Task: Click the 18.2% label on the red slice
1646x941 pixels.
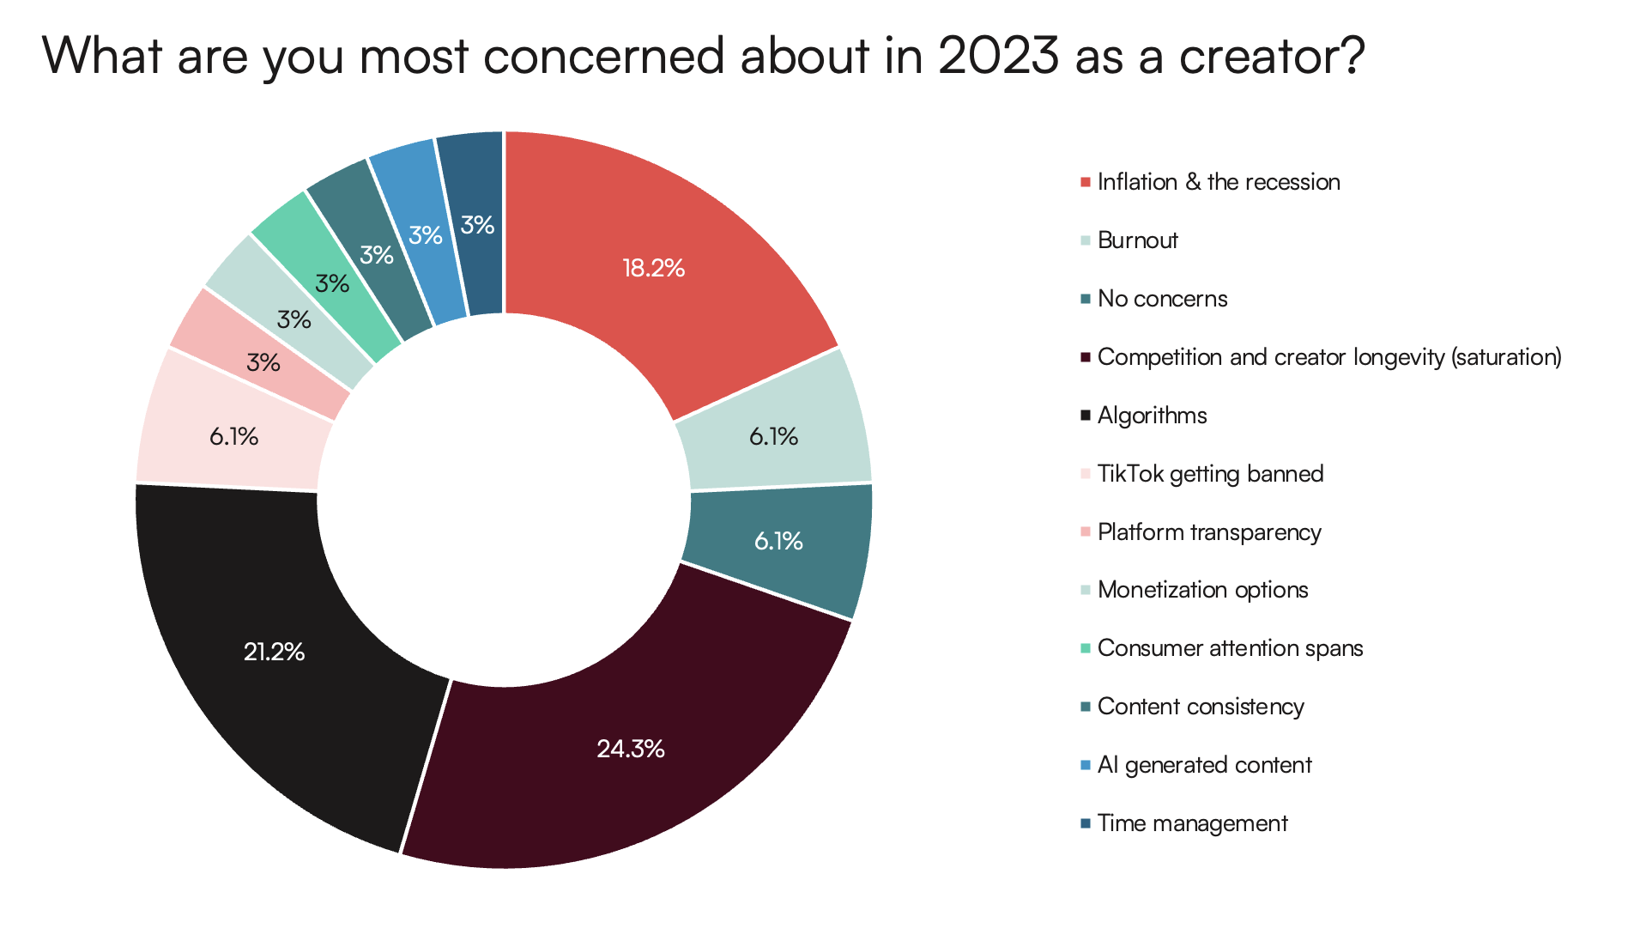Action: click(x=653, y=269)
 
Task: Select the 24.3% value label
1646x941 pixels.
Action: click(x=631, y=749)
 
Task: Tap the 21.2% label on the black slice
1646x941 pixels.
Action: click(x=274, y=652)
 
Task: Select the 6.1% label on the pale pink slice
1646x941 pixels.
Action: click(x=233, y=436)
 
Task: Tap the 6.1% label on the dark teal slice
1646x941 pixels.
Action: click(x=778, y=541)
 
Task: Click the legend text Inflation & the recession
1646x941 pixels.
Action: click(x=1218, y=182)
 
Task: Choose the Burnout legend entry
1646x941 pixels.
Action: click(x=1137, y=240)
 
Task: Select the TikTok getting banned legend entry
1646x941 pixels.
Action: click(x=1210, y=474)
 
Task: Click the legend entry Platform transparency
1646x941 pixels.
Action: click(x=1208, y=532)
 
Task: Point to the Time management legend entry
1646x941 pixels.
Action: click(x=1192, y=823)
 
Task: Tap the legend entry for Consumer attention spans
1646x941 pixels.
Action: click(x=1230, y=648)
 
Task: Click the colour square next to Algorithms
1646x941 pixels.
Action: click(x=1086, y=416)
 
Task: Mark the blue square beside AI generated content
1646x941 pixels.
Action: click(x=1086, y=765)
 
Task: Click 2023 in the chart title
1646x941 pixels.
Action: click(x=998, y=56)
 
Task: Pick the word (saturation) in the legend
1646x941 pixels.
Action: click(x=1506, y=357)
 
